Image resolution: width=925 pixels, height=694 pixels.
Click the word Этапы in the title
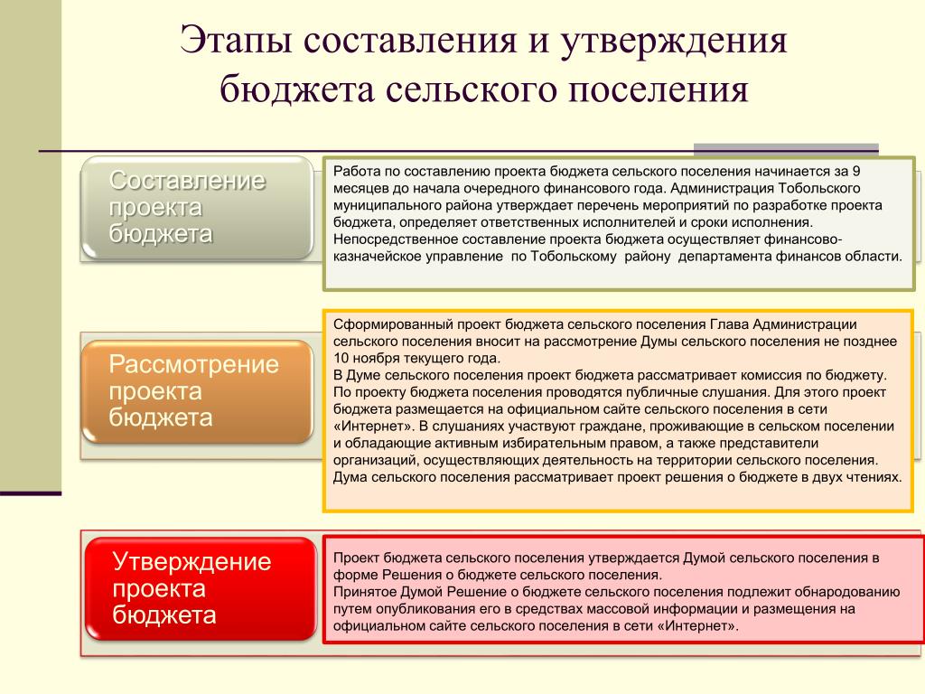[x=236, y=40]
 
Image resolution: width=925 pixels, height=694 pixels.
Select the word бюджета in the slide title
[x=297, y=90]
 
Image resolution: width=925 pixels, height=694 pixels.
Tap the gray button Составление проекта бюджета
[x=197, y=207]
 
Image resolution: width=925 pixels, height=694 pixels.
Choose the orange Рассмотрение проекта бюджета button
[x=197, y=391]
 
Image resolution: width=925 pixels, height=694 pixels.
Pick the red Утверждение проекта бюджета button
[x=201, y=588]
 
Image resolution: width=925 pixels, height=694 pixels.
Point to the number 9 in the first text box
[x=856, y=171]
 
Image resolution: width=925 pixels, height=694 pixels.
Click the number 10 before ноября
[x=341, y=358]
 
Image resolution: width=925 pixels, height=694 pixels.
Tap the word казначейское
[x=376, y=257]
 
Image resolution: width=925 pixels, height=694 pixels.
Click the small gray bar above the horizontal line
[x=786, y=148]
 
